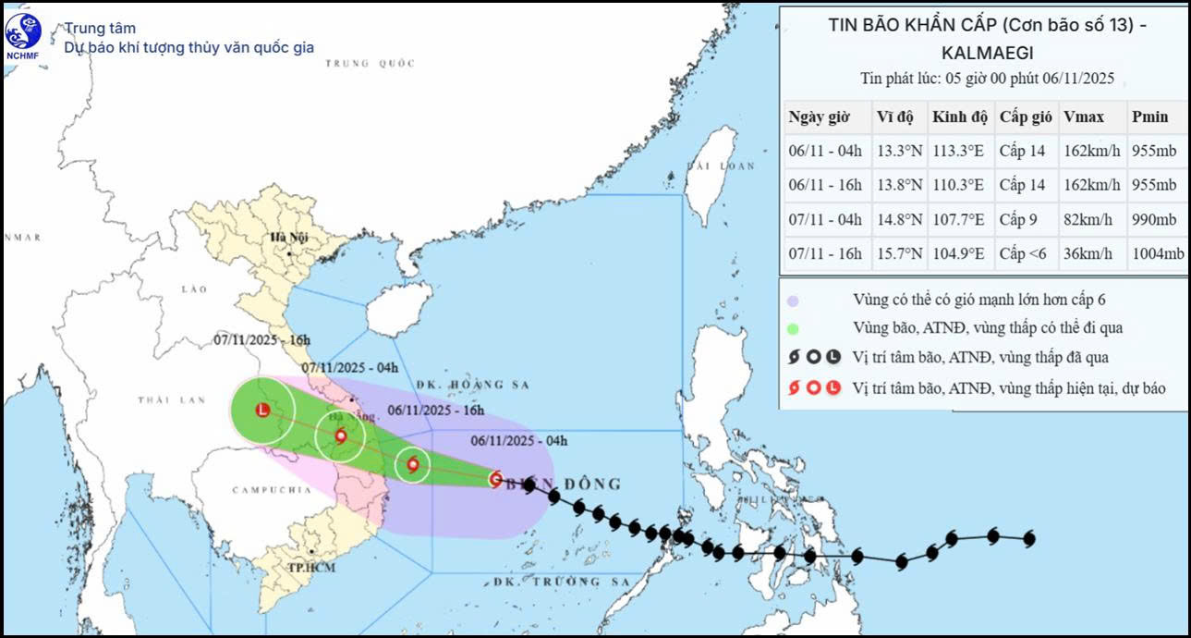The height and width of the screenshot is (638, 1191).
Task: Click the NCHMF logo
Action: click(x=23, y=34)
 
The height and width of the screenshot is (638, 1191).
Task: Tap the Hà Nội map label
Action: click(x=287, y=238)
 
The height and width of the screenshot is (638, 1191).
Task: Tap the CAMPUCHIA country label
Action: click(x=265, y=489)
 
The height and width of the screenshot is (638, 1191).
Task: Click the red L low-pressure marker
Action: click(x=263, y=410)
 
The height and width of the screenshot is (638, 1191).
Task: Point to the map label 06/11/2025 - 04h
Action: click(x=518, y=440)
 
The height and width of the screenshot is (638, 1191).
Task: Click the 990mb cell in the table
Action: click(x=1154, y=220)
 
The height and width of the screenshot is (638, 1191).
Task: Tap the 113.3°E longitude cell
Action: click(x=959, y=152)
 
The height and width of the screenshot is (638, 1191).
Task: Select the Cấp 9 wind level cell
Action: click(x=1020, y=220)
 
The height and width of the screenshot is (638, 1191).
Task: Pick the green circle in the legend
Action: click(x=794, y=328)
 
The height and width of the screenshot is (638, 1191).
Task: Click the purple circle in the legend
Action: click(x=794, y=301)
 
